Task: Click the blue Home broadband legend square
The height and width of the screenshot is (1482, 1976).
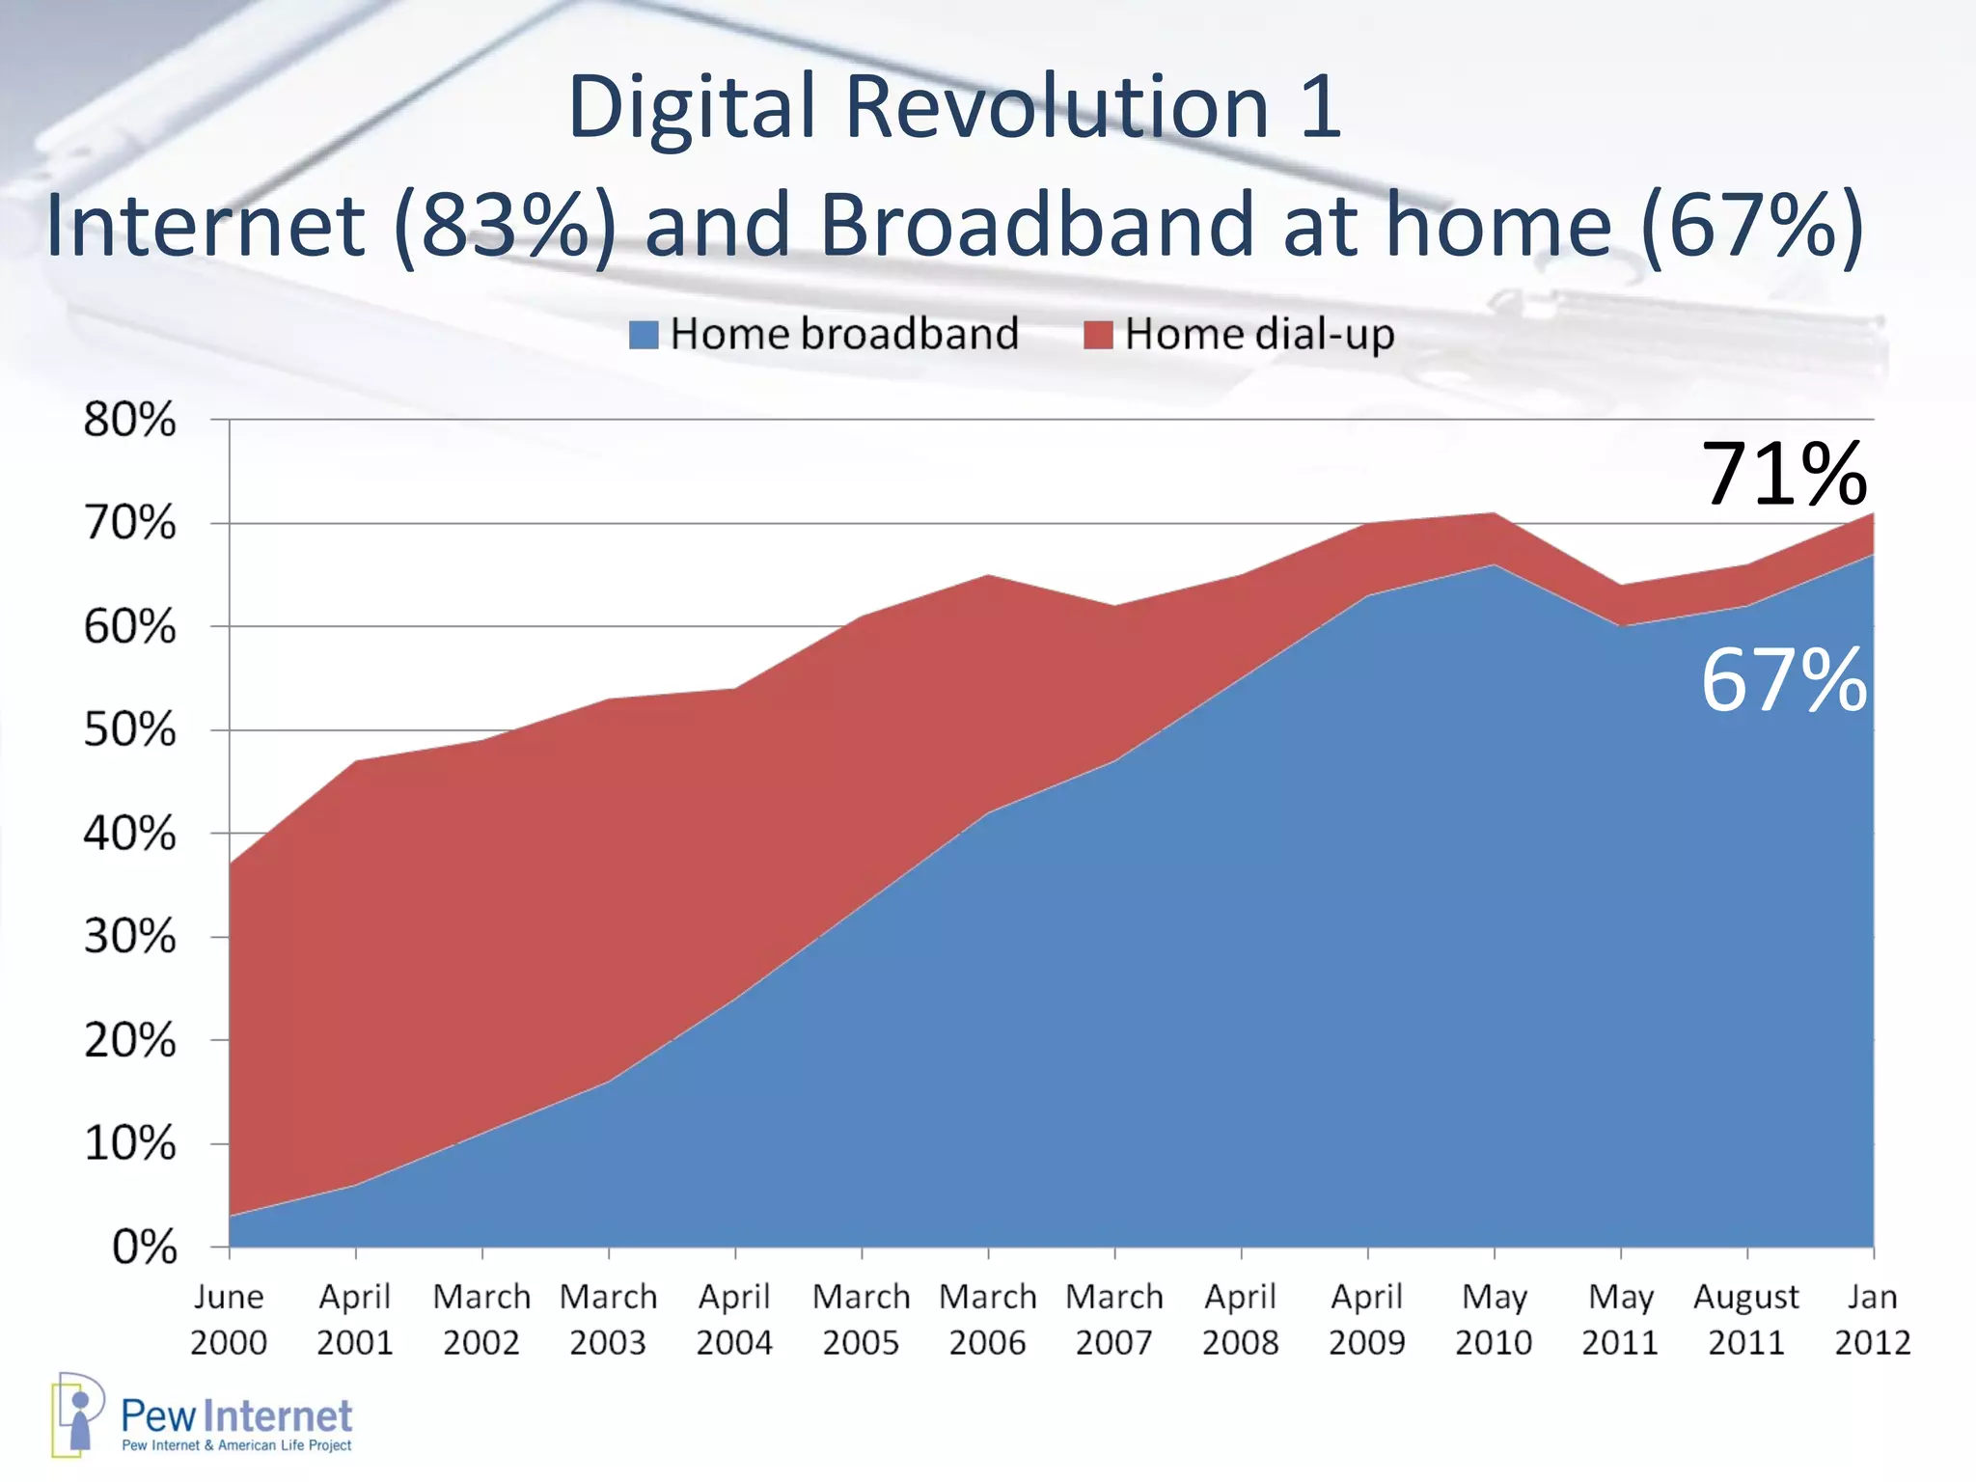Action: click(x=644, y=335)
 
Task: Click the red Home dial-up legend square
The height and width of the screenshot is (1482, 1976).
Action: click(x=1098, y=335)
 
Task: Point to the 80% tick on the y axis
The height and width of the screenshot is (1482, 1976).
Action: click(x=130, y=420)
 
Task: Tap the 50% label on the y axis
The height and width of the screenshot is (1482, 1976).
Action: click(x=130, y=730)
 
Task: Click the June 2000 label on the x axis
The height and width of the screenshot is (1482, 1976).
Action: click(x=229, y=1319)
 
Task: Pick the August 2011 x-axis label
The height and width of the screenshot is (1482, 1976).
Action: click(x=1746, y=1319)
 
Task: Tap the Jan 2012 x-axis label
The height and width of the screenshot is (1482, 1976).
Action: click(x=1872, y=1319)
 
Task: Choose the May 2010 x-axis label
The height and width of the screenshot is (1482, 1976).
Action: click(x=1494, y=1319)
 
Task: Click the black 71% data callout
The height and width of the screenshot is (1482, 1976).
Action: click(x=1783, y=474)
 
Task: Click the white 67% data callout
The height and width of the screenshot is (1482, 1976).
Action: click(x=1783, y=681)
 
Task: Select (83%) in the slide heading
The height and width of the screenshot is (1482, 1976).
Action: click(x=505, y=225)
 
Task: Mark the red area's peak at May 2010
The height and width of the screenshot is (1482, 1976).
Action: click(x=1494, y=514)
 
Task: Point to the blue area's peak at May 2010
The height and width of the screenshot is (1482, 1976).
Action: click(x=1494, y=566)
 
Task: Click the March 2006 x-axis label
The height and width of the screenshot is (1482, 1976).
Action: click(x=988, y=1319)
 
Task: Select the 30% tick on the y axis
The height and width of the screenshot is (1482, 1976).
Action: click(x=130, y=937)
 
